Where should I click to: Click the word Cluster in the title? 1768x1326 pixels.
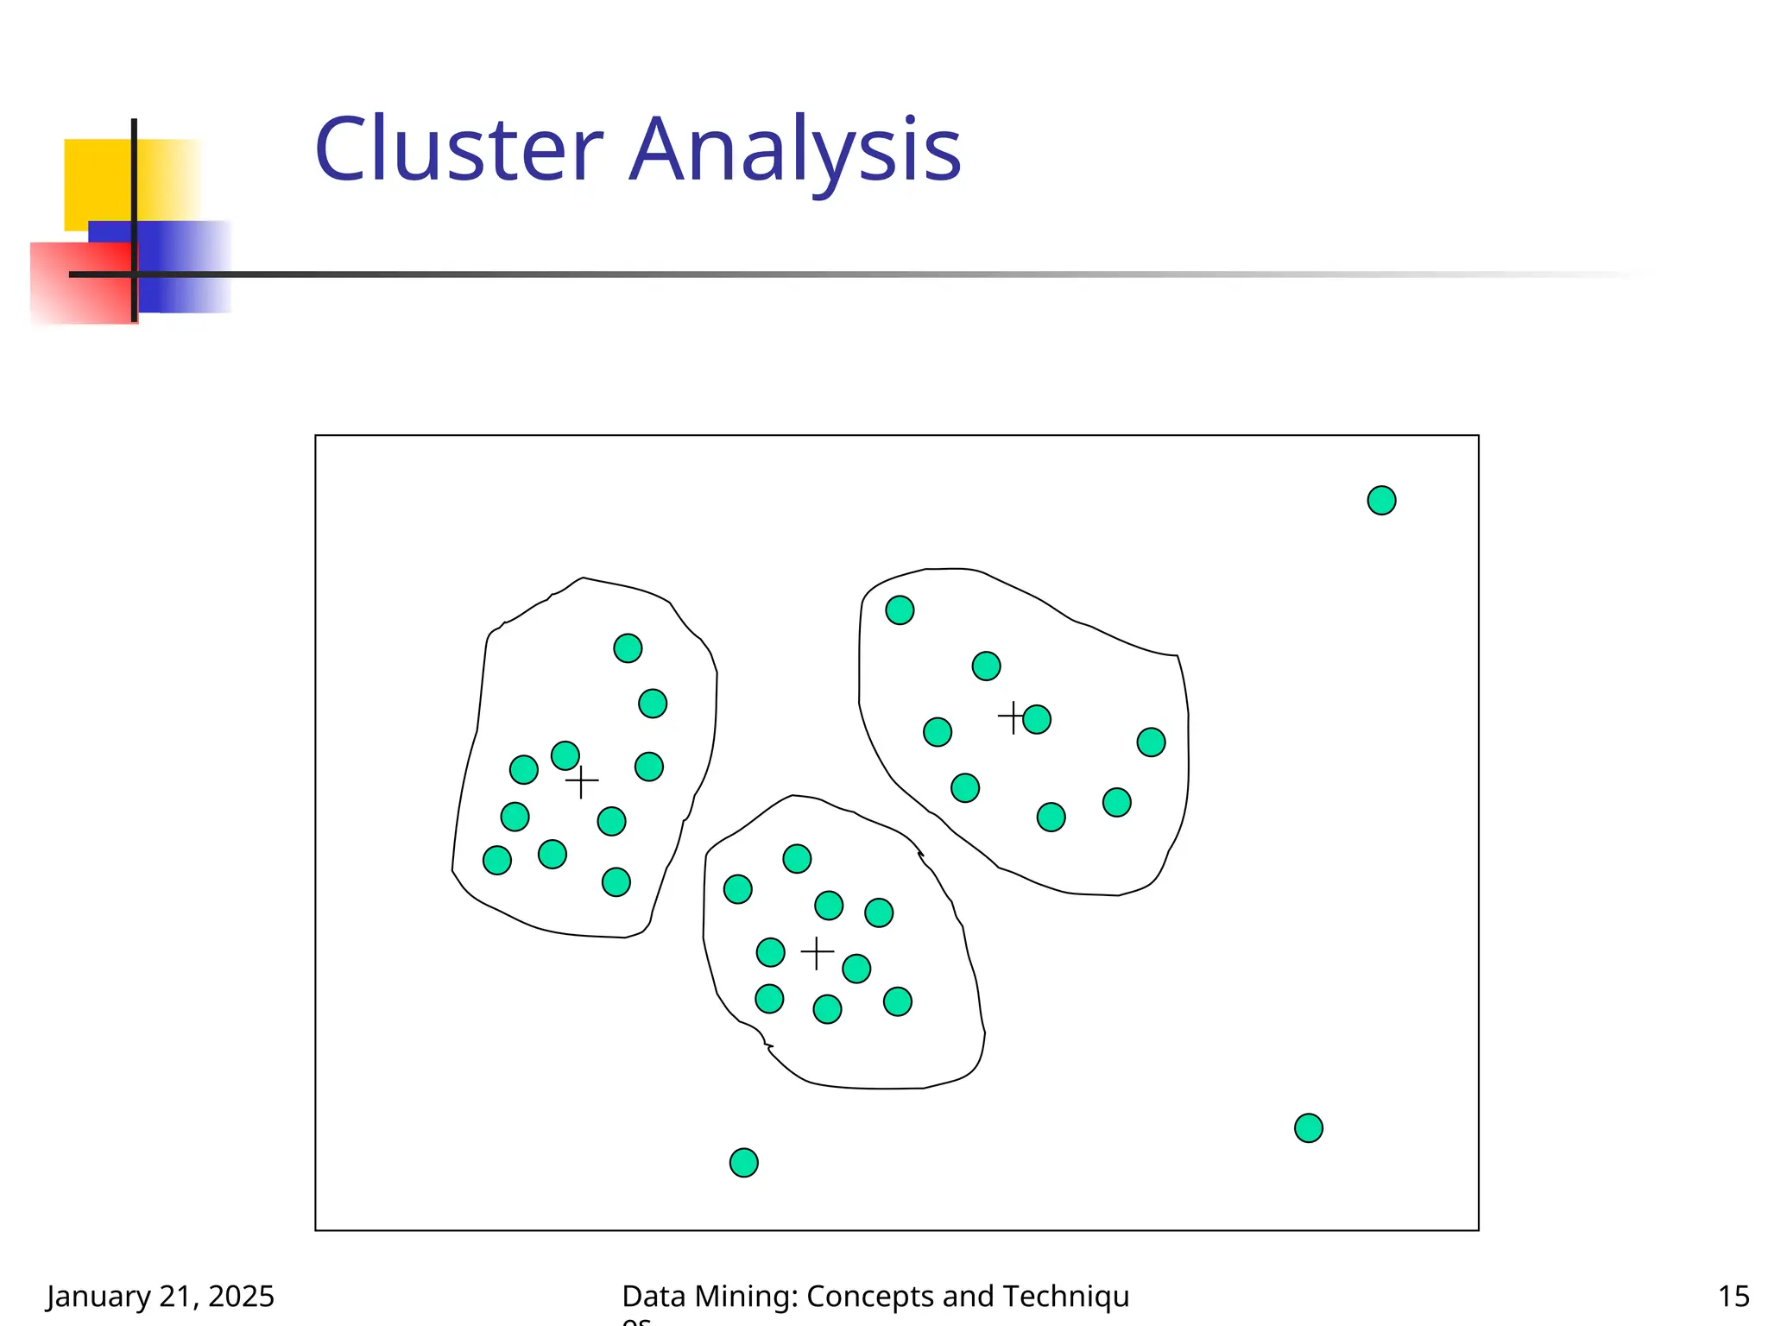458,150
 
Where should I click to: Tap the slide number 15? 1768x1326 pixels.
1733,1296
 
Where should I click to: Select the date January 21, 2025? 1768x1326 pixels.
161,1296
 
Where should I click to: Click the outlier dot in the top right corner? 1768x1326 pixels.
1381,500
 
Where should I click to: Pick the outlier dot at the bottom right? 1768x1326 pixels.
1308,1127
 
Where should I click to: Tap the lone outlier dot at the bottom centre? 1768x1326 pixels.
743,1162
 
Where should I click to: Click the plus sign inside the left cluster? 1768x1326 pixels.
582,781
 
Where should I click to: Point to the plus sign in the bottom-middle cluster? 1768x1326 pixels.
817,953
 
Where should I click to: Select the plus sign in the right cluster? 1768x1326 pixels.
1012,717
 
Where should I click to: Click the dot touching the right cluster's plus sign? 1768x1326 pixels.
1037,719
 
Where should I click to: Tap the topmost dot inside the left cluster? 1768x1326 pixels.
628,647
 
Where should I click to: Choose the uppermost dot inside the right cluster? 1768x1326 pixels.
900,610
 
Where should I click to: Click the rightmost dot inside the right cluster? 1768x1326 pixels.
1151,742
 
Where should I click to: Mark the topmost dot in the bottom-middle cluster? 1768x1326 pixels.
797,858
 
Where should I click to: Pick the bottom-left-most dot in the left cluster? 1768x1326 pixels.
497,860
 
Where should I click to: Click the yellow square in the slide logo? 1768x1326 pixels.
95,177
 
